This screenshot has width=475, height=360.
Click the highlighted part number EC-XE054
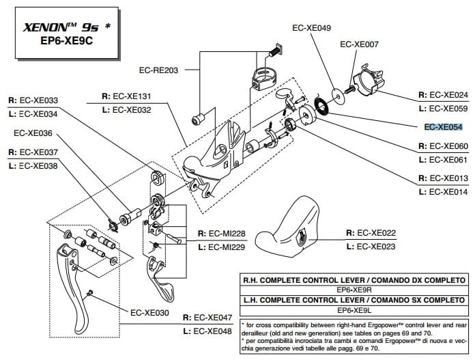coord(443,127)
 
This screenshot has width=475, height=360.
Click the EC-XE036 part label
coord(33,133)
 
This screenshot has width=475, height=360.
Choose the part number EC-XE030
coord(149,313)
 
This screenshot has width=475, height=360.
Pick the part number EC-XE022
coord(376,232)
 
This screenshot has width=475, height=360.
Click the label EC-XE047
coord(213,318)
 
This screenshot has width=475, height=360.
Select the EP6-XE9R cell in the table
coord(354,290)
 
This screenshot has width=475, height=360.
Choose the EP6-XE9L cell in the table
coord(354,309)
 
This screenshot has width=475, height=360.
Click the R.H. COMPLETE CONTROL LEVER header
coord(354,280)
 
